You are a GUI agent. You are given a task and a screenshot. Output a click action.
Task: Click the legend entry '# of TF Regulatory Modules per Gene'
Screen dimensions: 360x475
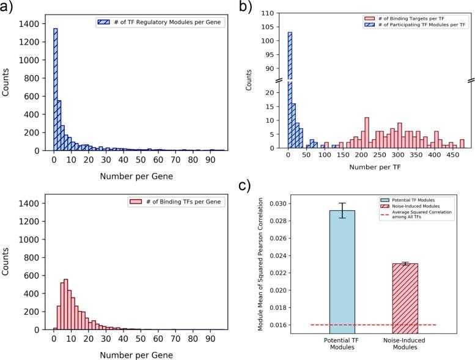click(x=159, y=22)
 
